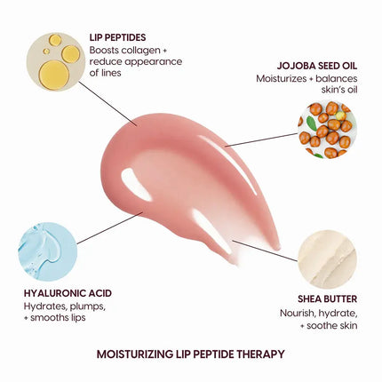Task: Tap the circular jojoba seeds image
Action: pyautogui.click(x=327, y=131)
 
